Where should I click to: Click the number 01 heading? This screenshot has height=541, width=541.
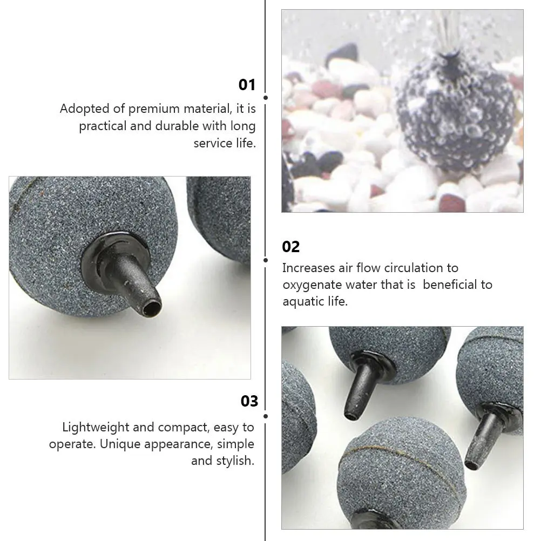click(247, 85)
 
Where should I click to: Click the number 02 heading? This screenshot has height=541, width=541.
click(290, 247)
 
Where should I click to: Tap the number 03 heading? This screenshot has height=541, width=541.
click(249, 401)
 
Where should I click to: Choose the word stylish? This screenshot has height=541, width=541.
click(234, 461)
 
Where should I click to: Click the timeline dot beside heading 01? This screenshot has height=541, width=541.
click(266, 98)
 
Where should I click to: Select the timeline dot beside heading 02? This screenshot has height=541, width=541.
click(266, 260)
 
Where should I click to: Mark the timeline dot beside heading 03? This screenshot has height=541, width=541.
click(266, 416)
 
